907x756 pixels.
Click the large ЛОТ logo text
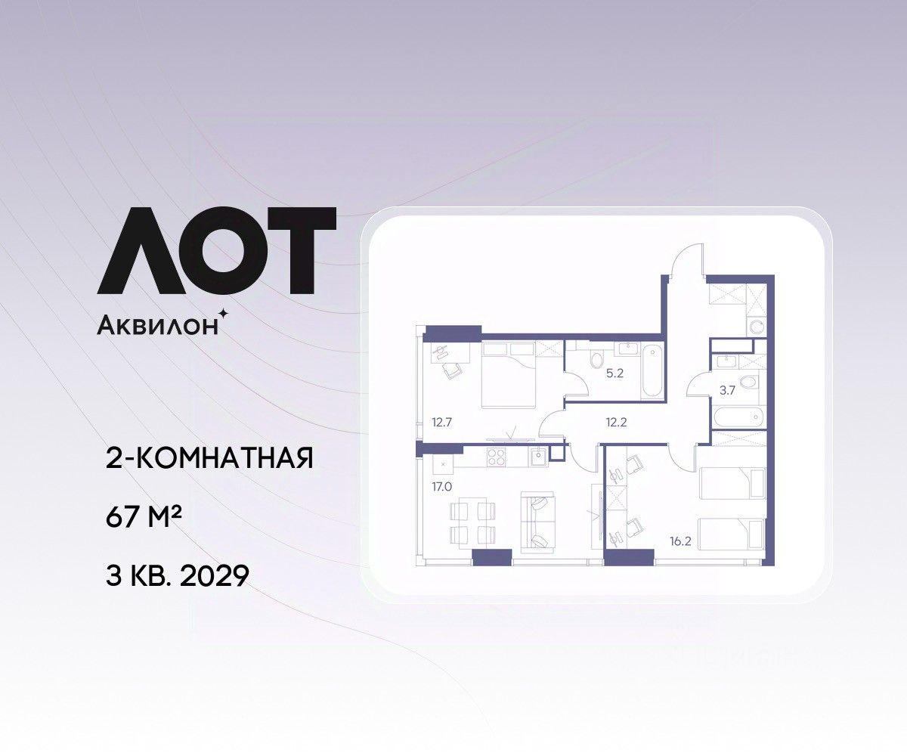(x=216, y=250)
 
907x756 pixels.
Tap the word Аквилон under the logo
(x=157, y=325)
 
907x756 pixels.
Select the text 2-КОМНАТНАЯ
(x=209, y=458)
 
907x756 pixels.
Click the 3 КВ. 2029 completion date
(x=177, y=575)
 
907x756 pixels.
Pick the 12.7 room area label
(x=441, y=422)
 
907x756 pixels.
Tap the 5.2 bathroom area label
(x=614, y=373)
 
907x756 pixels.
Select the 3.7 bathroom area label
(x=727, y=390)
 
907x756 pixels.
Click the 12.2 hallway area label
(x=616, y=422)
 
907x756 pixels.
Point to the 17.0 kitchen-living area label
(x=441, y=487)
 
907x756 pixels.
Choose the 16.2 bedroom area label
(x=680, y=541)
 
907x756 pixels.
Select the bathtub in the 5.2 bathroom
(x=652, y=370)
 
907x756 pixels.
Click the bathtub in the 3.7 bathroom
(x=738, y=417)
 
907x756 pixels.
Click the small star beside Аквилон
(x=224, y=312)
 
